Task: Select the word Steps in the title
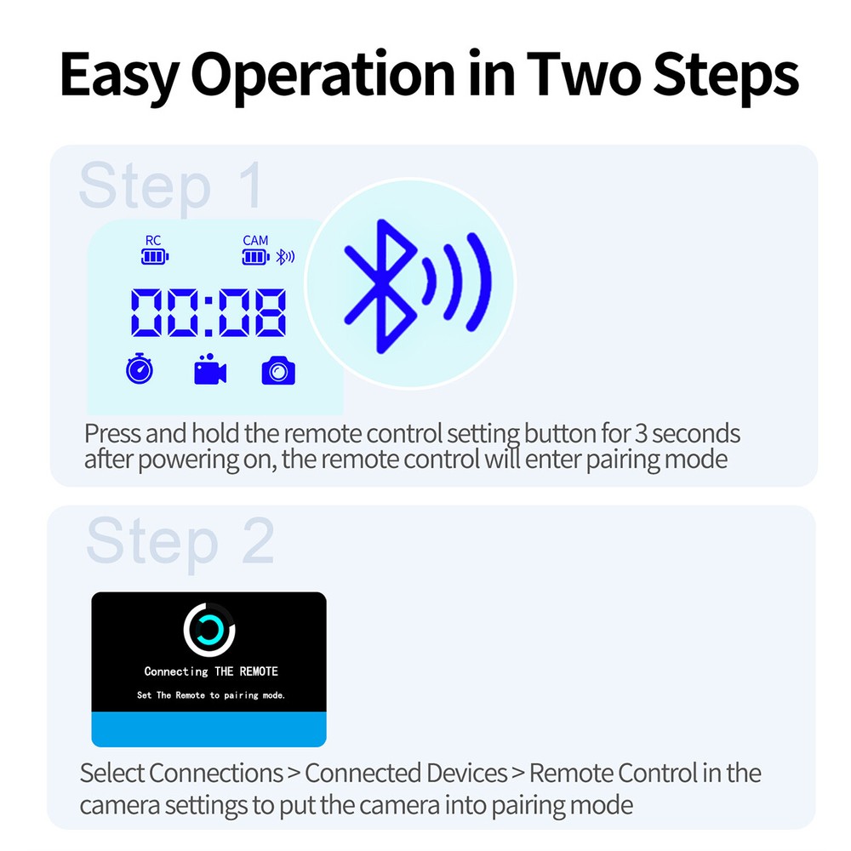coord(726,77)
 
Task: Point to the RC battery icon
coord(155,256)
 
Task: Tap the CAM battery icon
coord(255,256)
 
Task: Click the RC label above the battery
coord(153,241)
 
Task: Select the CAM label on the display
coord(255,241)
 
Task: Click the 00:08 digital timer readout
coord(208,312)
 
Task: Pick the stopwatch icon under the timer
coord(140,370)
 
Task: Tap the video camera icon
coord(209,371)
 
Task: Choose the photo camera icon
coord(278,371)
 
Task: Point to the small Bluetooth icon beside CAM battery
coord(287,256)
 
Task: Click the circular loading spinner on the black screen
coord(209,629)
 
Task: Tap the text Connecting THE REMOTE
coord(211,671)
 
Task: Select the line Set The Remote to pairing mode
coord(211,695)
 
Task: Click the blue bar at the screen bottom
coord(209,729)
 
